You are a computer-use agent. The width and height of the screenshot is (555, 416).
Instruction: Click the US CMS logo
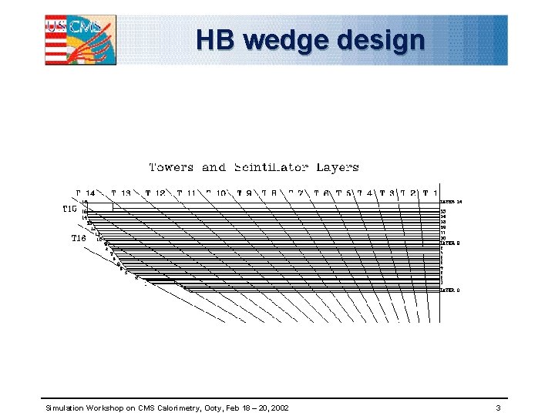[81, 39]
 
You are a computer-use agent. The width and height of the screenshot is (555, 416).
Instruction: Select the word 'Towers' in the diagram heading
[171, 166]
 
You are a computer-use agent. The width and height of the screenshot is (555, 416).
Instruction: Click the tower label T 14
[86, 193]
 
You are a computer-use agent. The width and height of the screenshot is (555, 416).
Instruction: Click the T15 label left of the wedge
[69, 208]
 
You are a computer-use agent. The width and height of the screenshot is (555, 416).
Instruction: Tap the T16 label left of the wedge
[78, 238]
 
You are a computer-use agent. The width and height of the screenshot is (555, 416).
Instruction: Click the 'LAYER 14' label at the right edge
[451, 202]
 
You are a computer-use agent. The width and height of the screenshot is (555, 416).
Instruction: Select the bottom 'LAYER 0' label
[450, 290]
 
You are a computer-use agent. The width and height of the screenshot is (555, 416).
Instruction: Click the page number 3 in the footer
[499, 407]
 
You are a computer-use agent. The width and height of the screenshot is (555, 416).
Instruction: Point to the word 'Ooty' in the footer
[213, 407]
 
